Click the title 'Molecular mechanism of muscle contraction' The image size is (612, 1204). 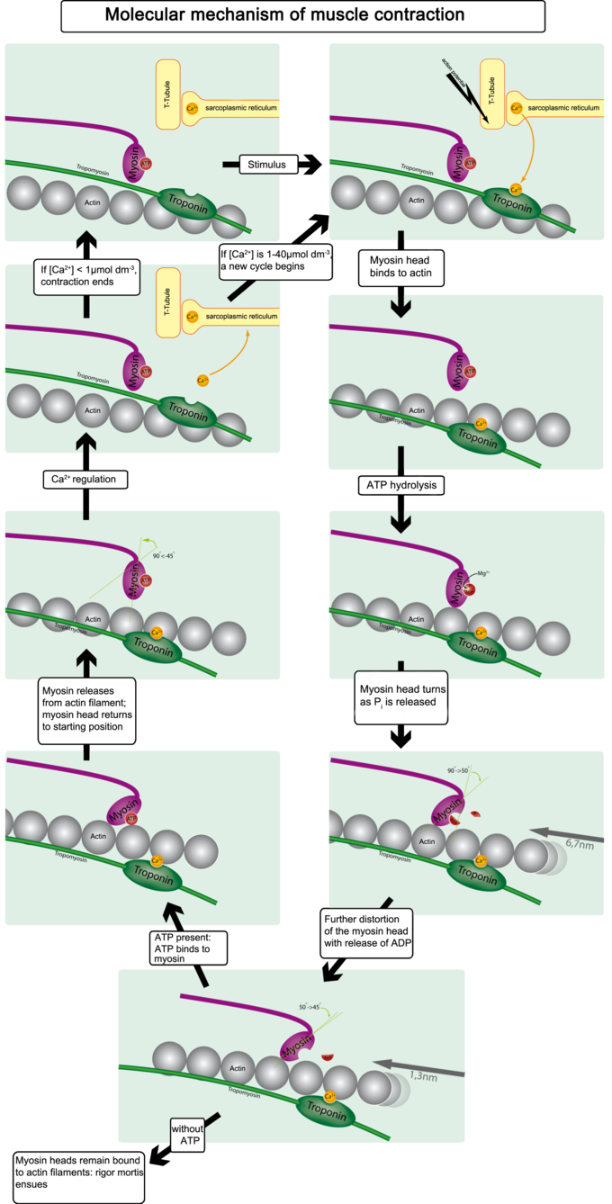click(302, 15)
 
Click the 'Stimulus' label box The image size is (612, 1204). click(267, 164)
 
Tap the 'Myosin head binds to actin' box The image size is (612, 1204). click(401, 267)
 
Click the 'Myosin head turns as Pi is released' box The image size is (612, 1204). click(401, 696)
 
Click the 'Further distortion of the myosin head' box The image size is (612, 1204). click(365, 930)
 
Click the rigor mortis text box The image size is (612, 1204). click(77, 1175)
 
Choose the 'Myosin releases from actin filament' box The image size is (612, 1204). click(86, 711)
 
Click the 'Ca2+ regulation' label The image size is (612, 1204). click(85, 480)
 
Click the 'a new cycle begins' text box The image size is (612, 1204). click(275, 260)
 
